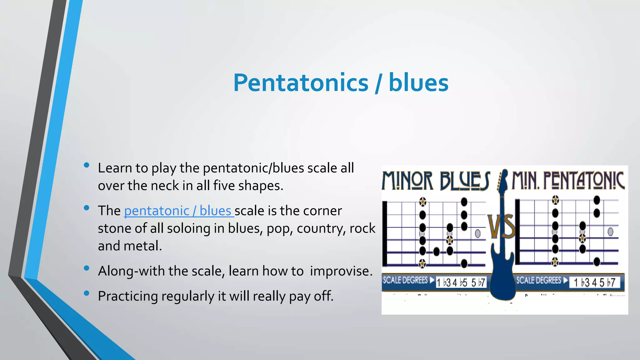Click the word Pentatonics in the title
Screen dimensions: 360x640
[x=301, y=83]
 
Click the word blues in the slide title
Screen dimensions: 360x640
[x=418, y=83]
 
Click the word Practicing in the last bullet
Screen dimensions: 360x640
[x=127, y=296]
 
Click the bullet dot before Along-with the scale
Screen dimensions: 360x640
[x=87, y=268]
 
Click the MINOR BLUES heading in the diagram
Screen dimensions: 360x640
[x=436, y=181]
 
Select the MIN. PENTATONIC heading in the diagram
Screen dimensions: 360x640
[x=568, y=181]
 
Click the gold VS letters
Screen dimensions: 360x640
[x=502, y=227]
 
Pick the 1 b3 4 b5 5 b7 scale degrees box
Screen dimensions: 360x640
[x=461, y=283]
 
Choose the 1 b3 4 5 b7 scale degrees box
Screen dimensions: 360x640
[x=594, y=282]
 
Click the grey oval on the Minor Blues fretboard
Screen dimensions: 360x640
[x=477, y=233]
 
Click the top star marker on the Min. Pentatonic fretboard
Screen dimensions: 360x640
[x=555, y=199]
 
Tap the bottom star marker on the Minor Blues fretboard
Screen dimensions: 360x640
[x=422, y=263]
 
